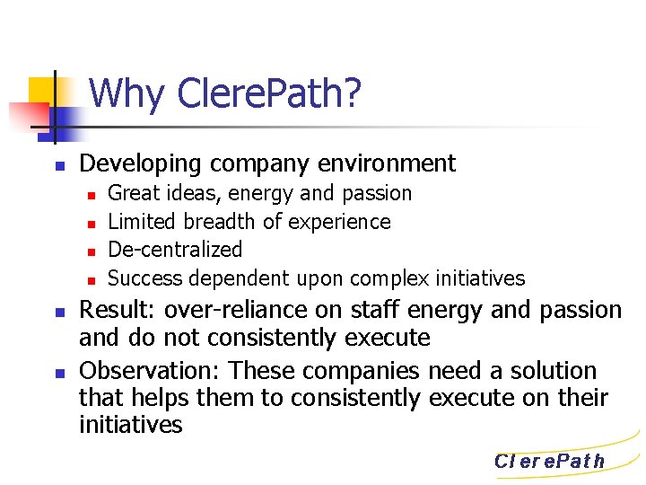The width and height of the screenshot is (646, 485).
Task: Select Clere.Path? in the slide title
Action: tap(270, 93)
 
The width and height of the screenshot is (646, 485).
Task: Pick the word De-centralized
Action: tap(175, 250)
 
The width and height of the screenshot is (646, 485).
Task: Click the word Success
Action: tap(144, 278)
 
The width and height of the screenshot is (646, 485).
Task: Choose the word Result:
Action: tap(116, 311)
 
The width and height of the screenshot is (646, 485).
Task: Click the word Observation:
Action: tap(153, 371)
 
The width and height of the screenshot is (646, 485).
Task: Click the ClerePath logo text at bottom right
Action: tap(550, 462)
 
